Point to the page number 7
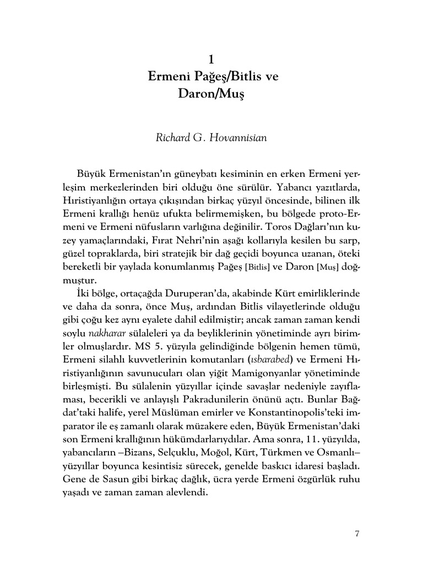tap(357, 533)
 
